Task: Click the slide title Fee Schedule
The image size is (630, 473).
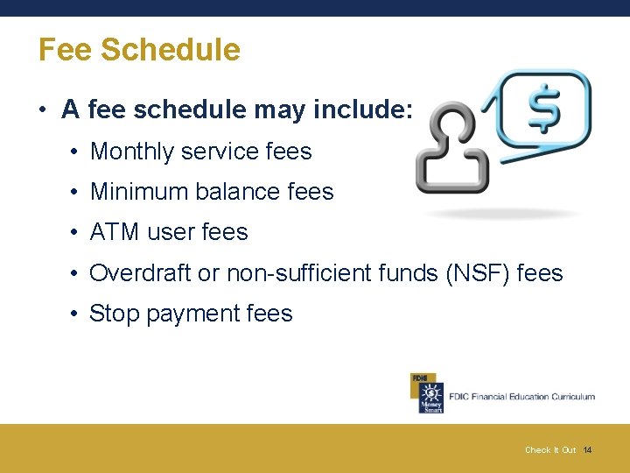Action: (139, 50)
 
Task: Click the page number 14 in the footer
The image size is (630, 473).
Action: (587, 450)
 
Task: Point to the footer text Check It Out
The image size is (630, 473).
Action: (550, 450)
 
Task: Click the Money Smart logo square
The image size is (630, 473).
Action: (427, 395)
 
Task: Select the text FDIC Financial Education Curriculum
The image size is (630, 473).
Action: (521, 397)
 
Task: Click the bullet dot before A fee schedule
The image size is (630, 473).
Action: (42, 111)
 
